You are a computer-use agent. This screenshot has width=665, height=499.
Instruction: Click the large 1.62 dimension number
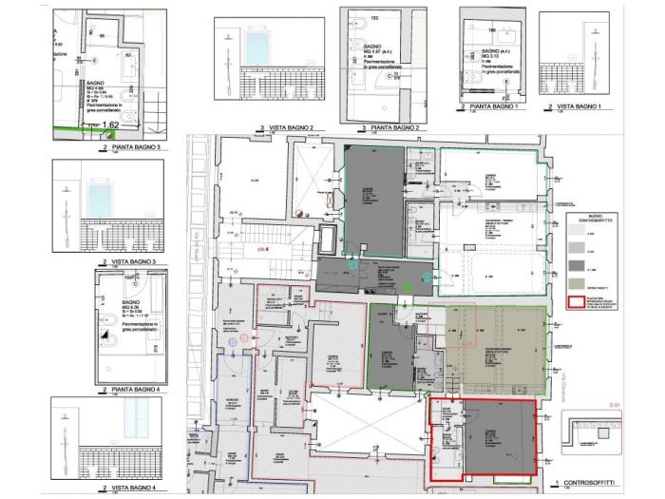pos(109,125)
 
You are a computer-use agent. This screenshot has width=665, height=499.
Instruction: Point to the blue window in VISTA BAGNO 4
pos(141,417)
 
